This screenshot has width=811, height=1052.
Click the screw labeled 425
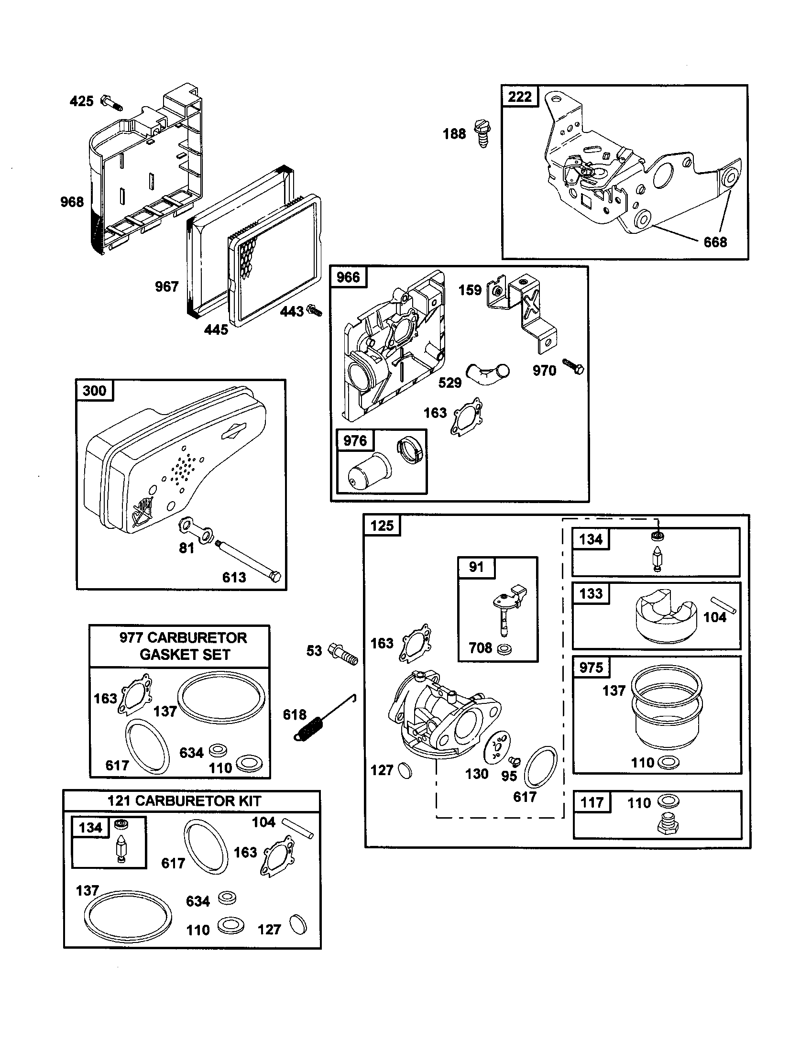tap(111, 103)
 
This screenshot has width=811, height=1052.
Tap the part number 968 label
tap(72, 202)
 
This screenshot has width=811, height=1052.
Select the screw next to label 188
tap(482, 133)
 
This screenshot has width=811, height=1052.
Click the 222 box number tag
tap(520, 97)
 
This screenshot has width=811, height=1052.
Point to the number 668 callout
tap(715, 242)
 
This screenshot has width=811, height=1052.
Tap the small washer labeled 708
tap(505, 649)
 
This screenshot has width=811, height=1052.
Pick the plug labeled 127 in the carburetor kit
tap(298, 925)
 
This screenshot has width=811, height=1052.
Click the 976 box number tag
tap(355, 440)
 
